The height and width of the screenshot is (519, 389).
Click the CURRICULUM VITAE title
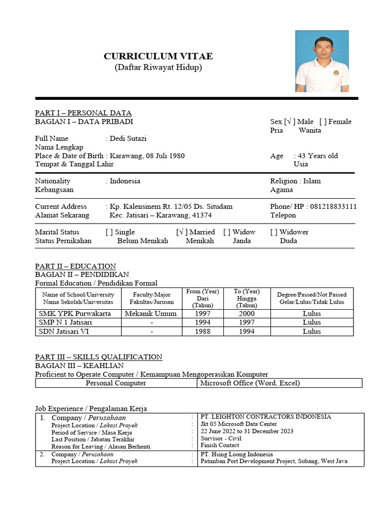tap(158, 56)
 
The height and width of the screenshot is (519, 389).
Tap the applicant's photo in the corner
tap(322, 61)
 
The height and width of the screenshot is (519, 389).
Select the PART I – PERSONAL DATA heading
tap(83, 113)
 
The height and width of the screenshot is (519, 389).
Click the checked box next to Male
tap(289, 122)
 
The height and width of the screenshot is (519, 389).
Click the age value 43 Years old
tap(318, 156)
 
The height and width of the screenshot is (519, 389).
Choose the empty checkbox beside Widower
tap(274, 232)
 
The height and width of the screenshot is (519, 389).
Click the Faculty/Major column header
tap(151, 298)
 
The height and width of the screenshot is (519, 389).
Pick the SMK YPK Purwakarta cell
tap(75, 314)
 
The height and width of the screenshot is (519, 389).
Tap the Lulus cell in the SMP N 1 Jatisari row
tap(312, 322)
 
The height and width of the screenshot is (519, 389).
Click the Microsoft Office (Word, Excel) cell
tap(250, 383)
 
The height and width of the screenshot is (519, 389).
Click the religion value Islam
tap(312, 181)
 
